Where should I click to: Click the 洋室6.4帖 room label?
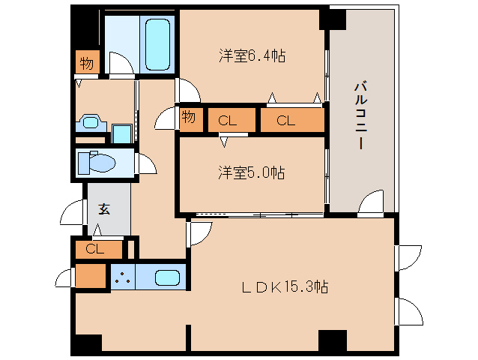coord(252,55)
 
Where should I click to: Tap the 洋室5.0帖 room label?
coord(252,172)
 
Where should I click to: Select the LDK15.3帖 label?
coord(284,286)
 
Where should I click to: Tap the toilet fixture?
coord(98,162)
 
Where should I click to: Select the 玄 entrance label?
coord(103,209)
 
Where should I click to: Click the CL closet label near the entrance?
coord(94,248)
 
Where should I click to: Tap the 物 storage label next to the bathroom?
coord(87,63)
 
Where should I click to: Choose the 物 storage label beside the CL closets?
coord(189,118)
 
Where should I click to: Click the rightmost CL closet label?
coord(285,120)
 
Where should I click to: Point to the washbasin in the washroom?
coord(91,122)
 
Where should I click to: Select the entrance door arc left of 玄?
coord(73,212)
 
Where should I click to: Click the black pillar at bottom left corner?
coord(86,343)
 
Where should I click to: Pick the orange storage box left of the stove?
coord(91,276)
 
